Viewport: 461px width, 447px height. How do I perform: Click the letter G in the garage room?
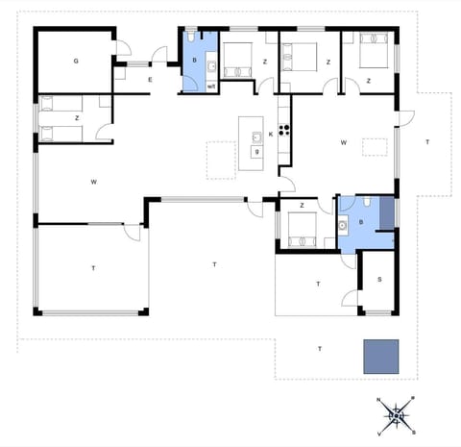point(75,61)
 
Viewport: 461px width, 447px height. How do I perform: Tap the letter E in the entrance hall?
point(150,81)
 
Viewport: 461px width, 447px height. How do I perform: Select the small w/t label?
point(210,86)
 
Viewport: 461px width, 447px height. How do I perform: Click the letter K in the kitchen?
point(271,135)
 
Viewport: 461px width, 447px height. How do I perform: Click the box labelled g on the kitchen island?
point(256,152)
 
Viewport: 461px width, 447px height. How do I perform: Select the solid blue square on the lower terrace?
point(381,357)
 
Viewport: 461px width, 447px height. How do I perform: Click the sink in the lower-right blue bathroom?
point(344,226)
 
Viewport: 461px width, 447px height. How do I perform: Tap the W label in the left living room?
point(94,181)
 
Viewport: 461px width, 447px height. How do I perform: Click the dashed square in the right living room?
point(373,146)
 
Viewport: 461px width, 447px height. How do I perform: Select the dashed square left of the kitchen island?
point(221,160)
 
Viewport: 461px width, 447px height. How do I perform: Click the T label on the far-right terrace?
point(427,142)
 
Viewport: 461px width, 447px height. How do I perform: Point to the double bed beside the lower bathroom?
point(308,229)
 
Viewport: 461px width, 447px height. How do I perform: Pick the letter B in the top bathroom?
point(195,61)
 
